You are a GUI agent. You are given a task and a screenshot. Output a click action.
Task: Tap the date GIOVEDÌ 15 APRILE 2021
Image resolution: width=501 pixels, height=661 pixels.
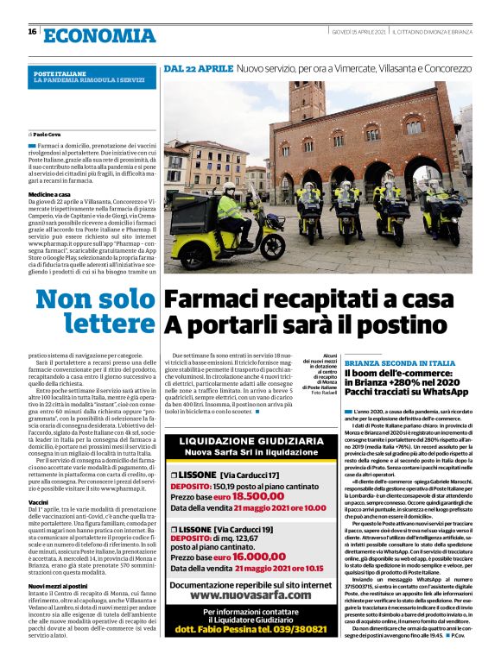coord(359,32)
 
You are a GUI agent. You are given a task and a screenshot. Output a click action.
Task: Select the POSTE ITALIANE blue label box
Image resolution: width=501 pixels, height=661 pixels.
coord(92,78)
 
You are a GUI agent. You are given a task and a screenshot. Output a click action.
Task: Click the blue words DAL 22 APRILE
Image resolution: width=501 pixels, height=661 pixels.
coord(199,67)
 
